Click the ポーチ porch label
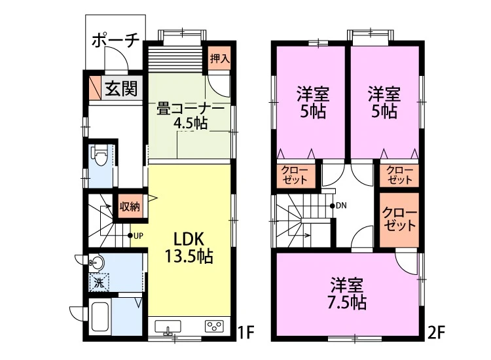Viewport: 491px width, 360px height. click(115, 41)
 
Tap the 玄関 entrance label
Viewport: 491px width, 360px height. click(121, 88)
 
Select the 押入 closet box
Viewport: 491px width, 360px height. click(219, 58)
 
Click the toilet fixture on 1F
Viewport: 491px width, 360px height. click(100, 156)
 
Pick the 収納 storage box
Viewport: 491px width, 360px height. click(130, 206)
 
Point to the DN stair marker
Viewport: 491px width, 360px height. click(338, 206)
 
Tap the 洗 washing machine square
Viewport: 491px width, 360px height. click(99, 283)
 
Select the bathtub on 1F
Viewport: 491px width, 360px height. click(100, 317)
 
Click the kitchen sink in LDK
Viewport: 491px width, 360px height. click(168, 327)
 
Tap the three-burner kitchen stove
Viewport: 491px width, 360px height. click(215, 326)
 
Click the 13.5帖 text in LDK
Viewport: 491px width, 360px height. click(189, 257)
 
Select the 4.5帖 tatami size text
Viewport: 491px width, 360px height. click(191, 123)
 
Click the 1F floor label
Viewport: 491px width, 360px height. click(245, 333)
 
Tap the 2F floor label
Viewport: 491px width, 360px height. click(436, 333)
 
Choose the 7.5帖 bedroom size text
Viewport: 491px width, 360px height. click(347, 302)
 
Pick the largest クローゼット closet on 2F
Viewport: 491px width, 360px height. click(399, 220)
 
